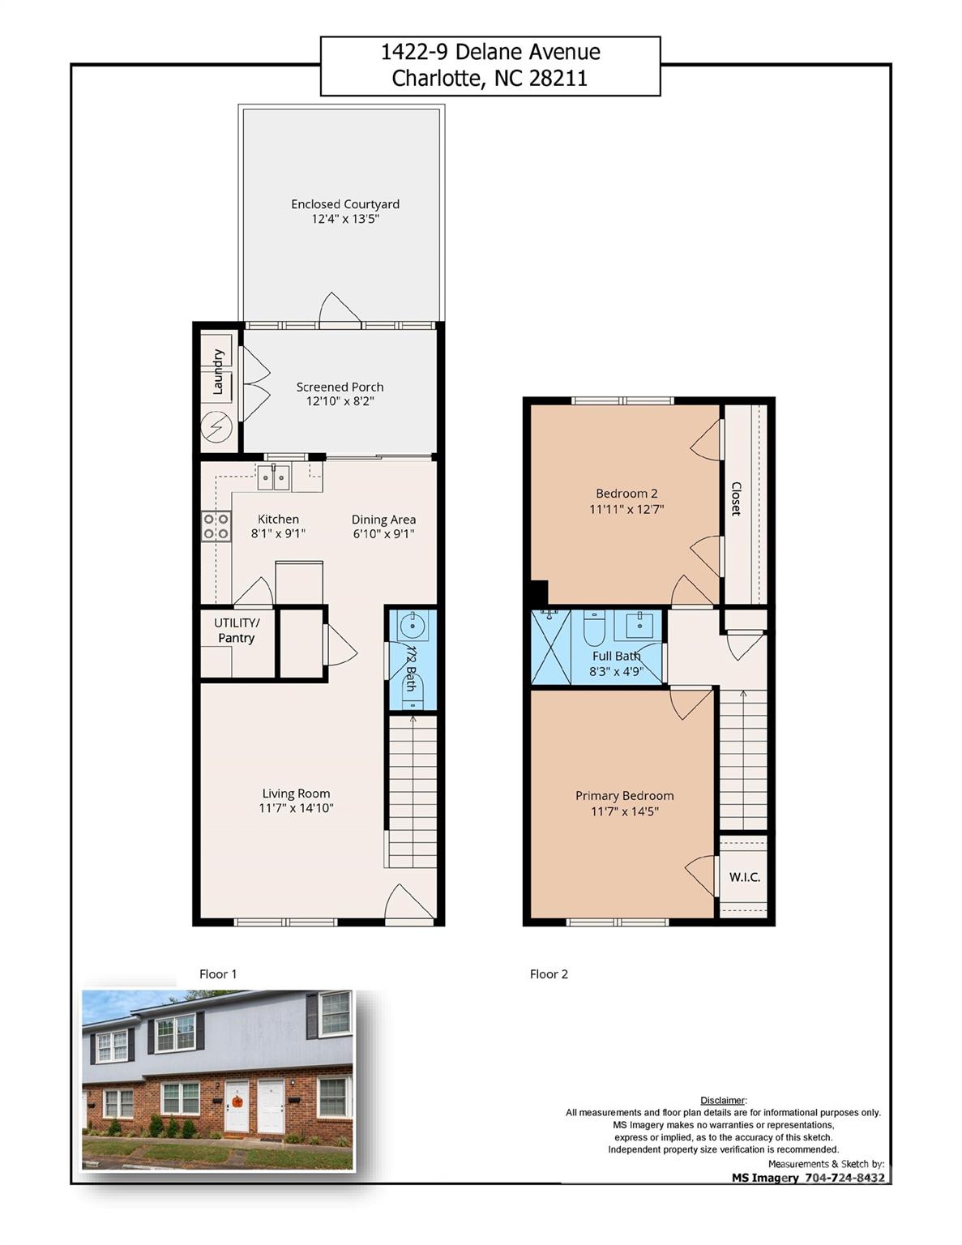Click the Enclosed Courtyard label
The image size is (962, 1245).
pyautogui.click(x=345, y=204)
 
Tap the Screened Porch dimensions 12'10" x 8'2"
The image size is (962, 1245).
pyautogui.click(x=340, y=401)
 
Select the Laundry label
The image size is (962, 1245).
pyautogui.click(x=217, y=372)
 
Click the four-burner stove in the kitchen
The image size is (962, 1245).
pyautogui.click(x=216, y=526)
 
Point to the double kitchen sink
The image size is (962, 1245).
pyautogui.click(x=274, y=477)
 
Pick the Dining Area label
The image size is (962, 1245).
pyautogui.click(x=383, y=520)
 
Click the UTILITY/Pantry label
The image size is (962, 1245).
pyautogui.click(x=237, y=630)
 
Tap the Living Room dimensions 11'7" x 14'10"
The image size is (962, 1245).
pyautogui.click(x=296, y=808)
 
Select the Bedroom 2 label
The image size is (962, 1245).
pyautogui.click(x=626, y=493)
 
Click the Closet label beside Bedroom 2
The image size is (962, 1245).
pyautogui.click(x=737, y=498)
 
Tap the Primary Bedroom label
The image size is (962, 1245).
pyautogui.click(x=624, y=795)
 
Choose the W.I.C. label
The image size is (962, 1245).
pyautogui.click(x=744, y=877)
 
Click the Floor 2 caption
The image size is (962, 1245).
pyautogui.click(x=549, y=973)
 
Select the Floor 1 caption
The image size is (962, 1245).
pyautogui.click(x=218, y=973)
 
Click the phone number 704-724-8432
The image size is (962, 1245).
pyautogui.click(x=844, y=1178)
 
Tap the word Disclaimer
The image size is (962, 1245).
pyautogui.click(x=722, y=1100)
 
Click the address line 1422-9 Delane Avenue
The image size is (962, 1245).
pyautogui.click(x=490, y=53)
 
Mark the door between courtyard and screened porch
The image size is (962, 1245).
pyautogui.click(x=340, y=310)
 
